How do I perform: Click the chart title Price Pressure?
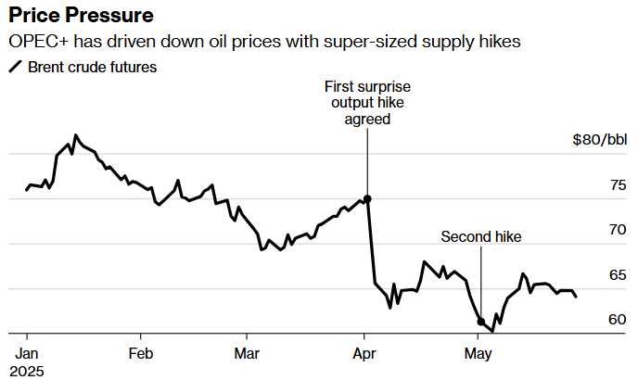(x=82, y=16)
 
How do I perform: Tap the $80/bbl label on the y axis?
(x=599, y=141)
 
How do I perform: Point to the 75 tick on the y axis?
(x=617, y=185)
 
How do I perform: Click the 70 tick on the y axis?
(x=617, y=230)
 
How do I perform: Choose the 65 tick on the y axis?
(x=617, y=275)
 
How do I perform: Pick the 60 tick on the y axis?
(x=617, y=320)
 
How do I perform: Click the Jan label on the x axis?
(x=26, y=353)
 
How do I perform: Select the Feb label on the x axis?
(x=140, y=353)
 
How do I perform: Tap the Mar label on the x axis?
(x=247, y=353)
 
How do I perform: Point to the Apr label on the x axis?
(x=364, y=353)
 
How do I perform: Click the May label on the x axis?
(x=478, y=353)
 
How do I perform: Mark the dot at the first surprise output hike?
(x=367, y=198)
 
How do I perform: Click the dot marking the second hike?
(x=480, y=323)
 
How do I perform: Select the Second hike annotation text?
(x=481, y=237)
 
